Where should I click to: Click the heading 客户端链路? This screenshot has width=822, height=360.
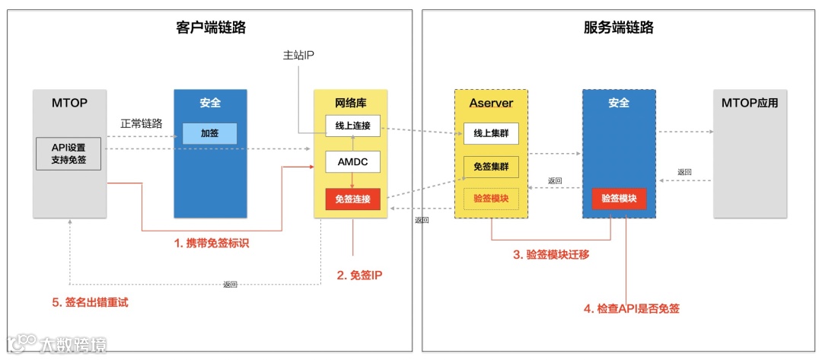[x=211, y=28]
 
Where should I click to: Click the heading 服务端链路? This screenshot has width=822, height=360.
[x=619, y=28]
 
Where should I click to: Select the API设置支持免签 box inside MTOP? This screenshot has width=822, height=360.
[x=68, y=154]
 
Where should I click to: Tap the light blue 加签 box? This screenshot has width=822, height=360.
[x=209, y=133]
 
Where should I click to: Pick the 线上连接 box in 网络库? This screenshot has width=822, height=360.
[x=352, y=126]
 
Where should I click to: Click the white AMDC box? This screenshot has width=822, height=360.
[x=352, y=161]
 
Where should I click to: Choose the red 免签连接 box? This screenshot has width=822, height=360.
[x=352, y=199]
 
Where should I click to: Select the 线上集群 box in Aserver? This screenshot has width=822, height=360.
[x=491, y=133]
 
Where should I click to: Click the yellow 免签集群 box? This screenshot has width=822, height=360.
[x=491, y=166]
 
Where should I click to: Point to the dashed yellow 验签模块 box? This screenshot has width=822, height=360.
[x=491, y=199]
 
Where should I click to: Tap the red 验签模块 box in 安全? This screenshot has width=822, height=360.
[x=619, y=199]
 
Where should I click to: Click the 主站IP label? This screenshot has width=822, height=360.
[x=298, y=55]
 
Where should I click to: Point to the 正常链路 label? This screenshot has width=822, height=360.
[x=142, y=123]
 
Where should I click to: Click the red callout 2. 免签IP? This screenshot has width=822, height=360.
[x=359, y=275]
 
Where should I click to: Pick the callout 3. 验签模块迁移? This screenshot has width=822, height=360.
[x=550, y=254]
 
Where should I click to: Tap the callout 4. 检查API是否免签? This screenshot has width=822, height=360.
[x=631, y=308]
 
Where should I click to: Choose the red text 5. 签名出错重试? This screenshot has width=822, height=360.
[x=91, y=302]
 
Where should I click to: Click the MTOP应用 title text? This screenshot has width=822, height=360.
[x=750, y=102]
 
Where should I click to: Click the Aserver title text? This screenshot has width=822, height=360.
[x=491, y=102]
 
